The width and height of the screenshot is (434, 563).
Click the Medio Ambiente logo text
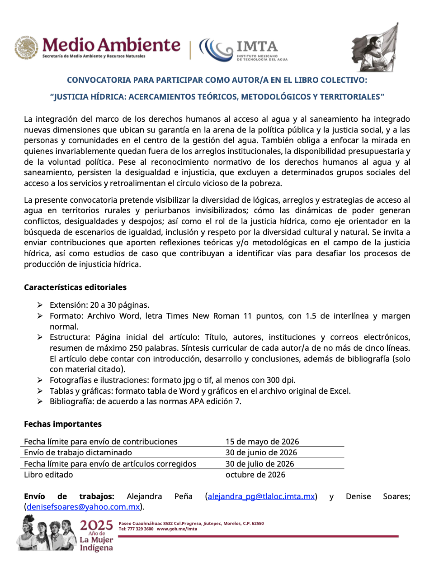(x=111, y=45)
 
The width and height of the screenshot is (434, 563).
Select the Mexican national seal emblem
(x=27, y=48)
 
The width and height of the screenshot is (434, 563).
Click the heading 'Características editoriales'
(x=75, y=287)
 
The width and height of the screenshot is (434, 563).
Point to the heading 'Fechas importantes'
(x=63, y=424)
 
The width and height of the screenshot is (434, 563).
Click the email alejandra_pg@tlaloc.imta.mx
(x=261, y=496)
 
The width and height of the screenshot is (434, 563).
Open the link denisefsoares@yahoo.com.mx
(x=83, y=507)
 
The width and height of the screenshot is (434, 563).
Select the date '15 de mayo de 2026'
(x=262, y=442)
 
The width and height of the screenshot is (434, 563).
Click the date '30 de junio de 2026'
(x=261, y=453)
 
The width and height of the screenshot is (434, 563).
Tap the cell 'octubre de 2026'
(x=255, y=475)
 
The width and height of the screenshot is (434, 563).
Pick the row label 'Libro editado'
(x=48, y=475)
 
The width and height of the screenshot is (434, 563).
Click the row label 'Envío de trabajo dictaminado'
(x=78, y=453)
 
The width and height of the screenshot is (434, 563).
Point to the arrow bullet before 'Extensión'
(x=40, y=305)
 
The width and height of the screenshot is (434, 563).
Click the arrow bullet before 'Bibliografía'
(x=40, y=401)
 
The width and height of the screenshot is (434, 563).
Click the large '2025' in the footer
(x=96, y=525)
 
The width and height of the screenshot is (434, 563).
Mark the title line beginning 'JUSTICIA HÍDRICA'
(x=217, y=97)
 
